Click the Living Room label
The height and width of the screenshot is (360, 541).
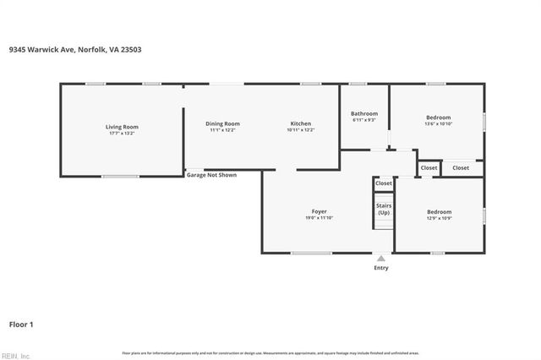pyautogui.click(x=122, y=127)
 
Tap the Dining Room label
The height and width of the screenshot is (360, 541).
pyautogui.click(x=223, y=124)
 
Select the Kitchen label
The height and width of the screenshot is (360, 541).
pyautogui.click(x=301, y=124)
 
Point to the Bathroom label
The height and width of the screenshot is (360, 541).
pyautogui.click(x=364, y=113)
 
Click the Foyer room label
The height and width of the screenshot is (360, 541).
pyautogui.click(x=320, y=211)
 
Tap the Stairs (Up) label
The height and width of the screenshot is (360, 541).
pyautogui.click(x=384, y=209)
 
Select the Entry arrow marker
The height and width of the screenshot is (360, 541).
pyautogui.click(x=381, y=259)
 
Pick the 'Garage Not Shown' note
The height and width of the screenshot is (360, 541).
pyautogui.click(x=211, y=175)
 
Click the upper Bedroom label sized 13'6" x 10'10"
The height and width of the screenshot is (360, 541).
pyautogui.click(x=438, y=117)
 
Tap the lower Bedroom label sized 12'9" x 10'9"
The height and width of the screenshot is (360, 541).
pyautogui.click(x=439, y=212)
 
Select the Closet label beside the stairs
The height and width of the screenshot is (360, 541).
pyautogui.click(x=384, y=183)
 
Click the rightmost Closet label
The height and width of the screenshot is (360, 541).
pyautogui.click(x=461, y=168)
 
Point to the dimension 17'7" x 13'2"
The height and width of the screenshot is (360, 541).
pyautogui.click(x=122, y=134)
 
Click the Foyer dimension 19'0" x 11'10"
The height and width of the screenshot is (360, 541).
pyautogui.click(x=320, y=218)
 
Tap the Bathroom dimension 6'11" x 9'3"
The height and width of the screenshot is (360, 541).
pyautogui.click(x=364, y=120)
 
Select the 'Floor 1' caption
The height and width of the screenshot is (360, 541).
pyautogui.click(x=21, y=324)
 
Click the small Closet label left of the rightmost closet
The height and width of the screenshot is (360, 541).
pyautogui.click(x=429, y=168)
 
